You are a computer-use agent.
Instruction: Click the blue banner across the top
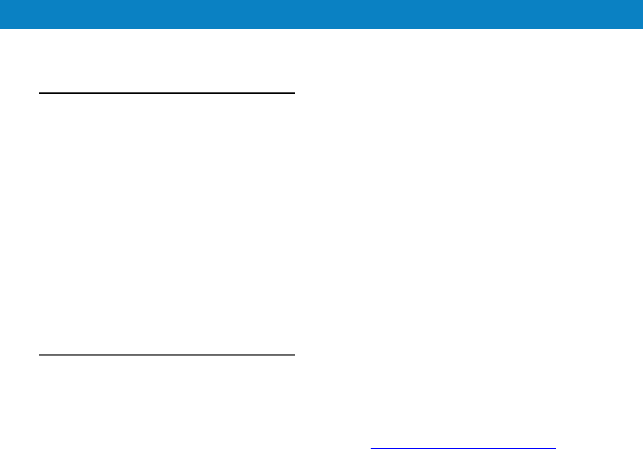click(x=321, y=14)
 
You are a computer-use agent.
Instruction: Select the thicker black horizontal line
click(x=167, y=93)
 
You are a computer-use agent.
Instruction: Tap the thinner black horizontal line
click(x=167, y=355)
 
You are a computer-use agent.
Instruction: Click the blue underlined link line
click(x=463, y=448)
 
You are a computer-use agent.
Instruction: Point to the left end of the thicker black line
click(x=39, y=93)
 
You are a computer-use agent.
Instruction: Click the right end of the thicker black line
click(x=294, y=93)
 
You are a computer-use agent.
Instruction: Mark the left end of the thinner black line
click(x=39, y=355)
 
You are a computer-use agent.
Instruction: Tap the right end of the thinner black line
click(x=294, y=355)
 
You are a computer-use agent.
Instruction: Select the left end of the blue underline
click(x=371, y=448)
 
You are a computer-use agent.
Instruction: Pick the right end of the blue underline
click(x=555, y=448)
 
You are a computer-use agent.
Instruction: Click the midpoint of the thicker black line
click(x=167, y=93)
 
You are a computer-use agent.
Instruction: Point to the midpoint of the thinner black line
click(x=167, y=355)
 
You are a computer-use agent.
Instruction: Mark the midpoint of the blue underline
click(x=463, y=448)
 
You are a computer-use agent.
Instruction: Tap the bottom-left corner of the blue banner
click(x=1, y=28)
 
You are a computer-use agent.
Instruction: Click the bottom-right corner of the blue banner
click(x=642, y=28)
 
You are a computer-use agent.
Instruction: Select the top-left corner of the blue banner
click(x=1, y=1)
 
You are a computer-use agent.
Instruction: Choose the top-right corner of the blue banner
click(x=642, y=1)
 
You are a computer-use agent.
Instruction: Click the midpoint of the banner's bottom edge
click(x=321, y=28)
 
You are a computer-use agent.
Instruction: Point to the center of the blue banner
click(x=321, y=14)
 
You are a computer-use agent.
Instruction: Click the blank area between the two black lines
click(x=167, y=224)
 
